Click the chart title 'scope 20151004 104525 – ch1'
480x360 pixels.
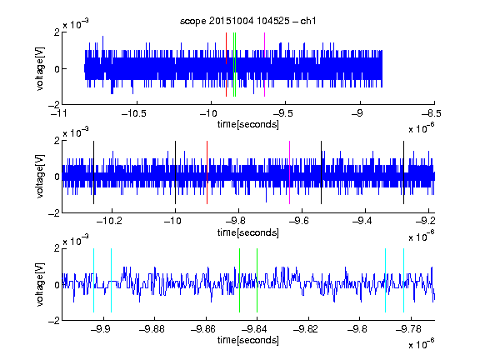click(x=248, y=21)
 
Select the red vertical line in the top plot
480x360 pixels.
click(x=226, y=65)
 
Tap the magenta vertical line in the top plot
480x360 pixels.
click(x=264, y=65)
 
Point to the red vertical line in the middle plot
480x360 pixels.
click(x=207, y=172)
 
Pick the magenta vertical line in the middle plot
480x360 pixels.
click(x=290, y=172)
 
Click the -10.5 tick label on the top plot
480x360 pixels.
click(x=134, y=114)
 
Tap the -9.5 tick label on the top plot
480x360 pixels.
click(x=282, y=114)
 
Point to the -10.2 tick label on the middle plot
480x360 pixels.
click(x=109, y=221)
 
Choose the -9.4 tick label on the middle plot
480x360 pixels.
click(x=362, y=221)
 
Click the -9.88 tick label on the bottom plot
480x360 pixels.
click(x=152, y=329)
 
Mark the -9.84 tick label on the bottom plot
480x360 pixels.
click(x=254, y=329)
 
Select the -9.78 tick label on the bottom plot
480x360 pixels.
click(x=408, y=329)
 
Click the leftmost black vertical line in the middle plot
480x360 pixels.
click(x=93, y=172)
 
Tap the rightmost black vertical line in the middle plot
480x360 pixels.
click(x=403, y=172)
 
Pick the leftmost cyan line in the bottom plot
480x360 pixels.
click(x=93, y=280)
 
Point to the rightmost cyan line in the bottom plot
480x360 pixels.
click(x=403, y=280)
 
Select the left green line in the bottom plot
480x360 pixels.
click(x=239, y=280)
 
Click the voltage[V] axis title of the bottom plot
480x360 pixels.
click(x=40, y=285)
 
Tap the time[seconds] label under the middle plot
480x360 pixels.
click(x=248, y=232)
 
